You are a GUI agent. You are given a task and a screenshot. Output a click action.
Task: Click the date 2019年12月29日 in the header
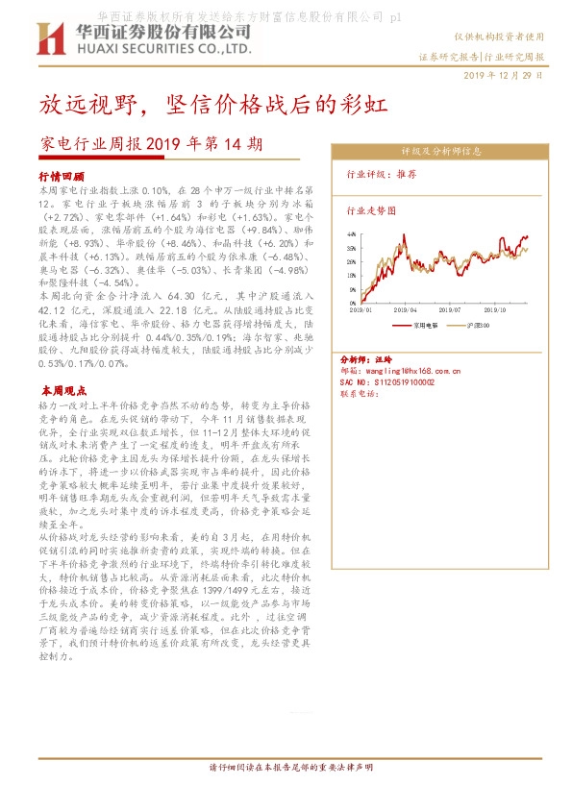504,74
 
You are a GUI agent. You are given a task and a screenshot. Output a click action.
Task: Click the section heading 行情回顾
62,178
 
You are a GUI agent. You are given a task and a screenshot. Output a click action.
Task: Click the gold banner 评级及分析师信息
441,152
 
